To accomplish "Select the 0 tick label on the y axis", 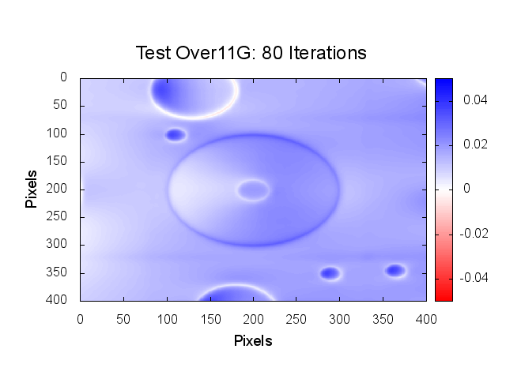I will click(64, 77).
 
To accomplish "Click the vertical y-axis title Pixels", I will click(32, 189).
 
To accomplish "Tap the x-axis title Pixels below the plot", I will click(253, 341).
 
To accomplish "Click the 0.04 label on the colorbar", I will click(476, 100).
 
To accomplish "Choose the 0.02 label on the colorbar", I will click(476, 144).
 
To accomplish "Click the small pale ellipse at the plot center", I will click(253, 189).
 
